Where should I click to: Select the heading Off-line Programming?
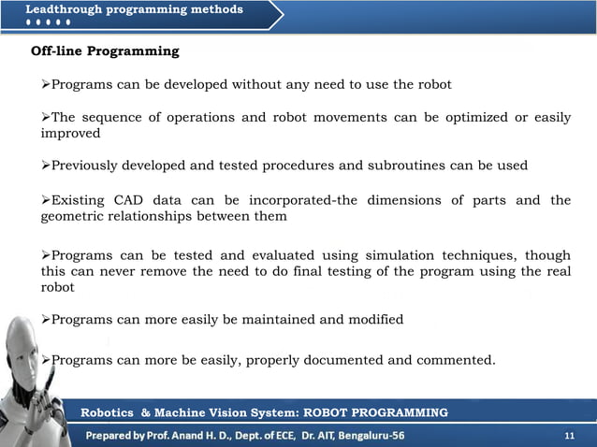coord(106,50)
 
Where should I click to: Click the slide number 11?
coord(570,436)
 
